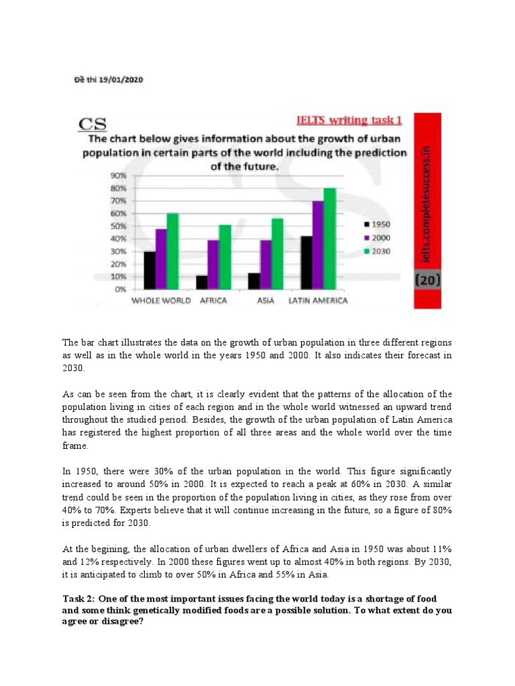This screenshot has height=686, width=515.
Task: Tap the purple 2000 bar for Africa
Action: (x=212, y=265)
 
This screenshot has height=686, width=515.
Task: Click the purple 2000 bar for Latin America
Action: (x=318, y=245)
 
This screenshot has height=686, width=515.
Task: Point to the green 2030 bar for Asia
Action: (x=277, y=254)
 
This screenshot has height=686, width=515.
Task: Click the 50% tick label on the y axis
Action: (x=117, y=226)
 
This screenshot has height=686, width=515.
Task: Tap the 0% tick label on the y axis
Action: (x=119, y=289)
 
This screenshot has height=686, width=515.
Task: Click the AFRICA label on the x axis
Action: (x=213, y=301)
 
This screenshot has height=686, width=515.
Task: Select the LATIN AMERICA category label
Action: (x=318, y=301)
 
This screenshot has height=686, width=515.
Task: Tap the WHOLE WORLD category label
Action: (x=161, y=301)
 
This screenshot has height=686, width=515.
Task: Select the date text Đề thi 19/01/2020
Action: (x=108, y=80)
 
